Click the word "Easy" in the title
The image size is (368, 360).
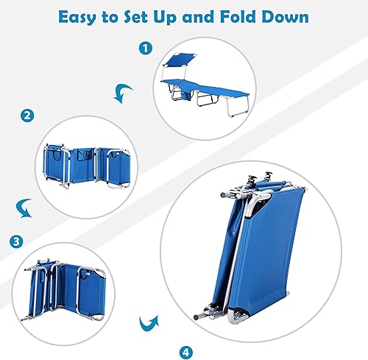tap(82, 16)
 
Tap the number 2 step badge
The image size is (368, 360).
tap(27, 115)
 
